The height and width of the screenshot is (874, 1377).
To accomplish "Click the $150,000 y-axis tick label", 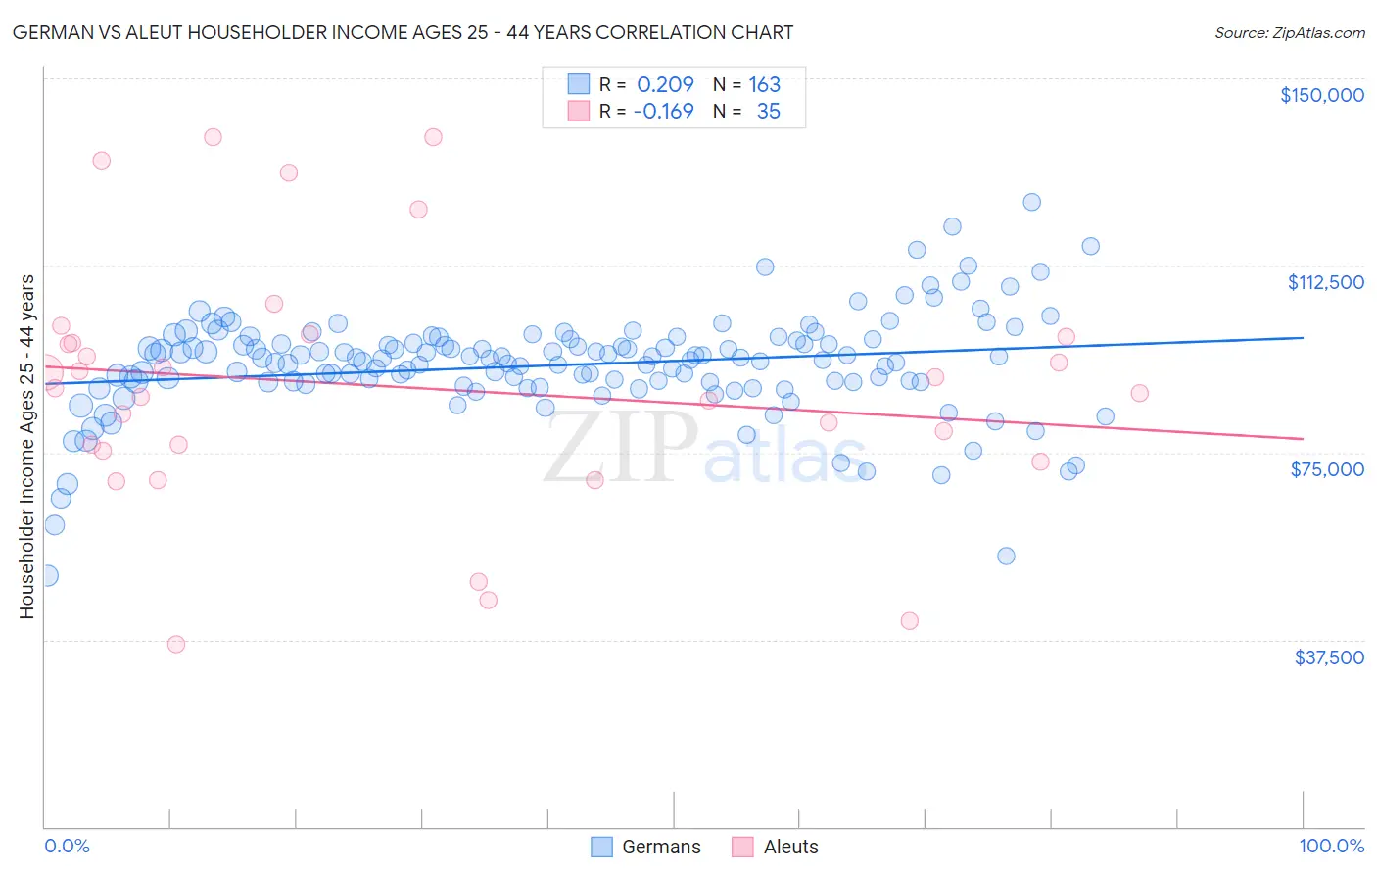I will coord(1321,95).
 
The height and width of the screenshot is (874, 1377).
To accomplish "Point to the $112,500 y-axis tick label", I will coord(1325,282).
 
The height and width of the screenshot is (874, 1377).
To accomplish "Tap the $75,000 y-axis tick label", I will coord(1327,469).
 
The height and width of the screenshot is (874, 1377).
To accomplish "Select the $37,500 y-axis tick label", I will coord(1328,657).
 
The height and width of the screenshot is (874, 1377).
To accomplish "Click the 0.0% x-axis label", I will coord(67,847).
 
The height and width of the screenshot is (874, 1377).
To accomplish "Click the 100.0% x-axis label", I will coord(1331,847).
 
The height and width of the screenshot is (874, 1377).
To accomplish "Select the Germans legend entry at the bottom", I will coord(646,847).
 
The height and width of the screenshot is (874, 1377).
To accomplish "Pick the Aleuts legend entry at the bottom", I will coord(775,847).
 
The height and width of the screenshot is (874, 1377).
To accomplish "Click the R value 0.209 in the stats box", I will coord(665,84).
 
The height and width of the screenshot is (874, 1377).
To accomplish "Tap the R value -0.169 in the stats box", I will coord(663,111).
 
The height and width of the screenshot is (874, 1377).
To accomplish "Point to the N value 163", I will coord(764,84).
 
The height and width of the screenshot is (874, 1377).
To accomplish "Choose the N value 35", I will coord(768,111).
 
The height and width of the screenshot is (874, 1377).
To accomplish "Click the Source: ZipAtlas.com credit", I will coord(1289,32).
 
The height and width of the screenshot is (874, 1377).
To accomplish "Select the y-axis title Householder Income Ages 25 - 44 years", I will coord(26,446).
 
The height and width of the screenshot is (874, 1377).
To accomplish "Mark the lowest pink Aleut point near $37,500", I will coord(176,644).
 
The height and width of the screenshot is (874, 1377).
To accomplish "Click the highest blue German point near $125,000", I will coord(1031,202).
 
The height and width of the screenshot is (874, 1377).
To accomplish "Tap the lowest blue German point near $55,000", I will coord(1006,556).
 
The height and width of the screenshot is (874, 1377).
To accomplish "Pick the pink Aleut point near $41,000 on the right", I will coord(909,620).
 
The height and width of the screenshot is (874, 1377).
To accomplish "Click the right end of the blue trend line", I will coord(1303,337).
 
